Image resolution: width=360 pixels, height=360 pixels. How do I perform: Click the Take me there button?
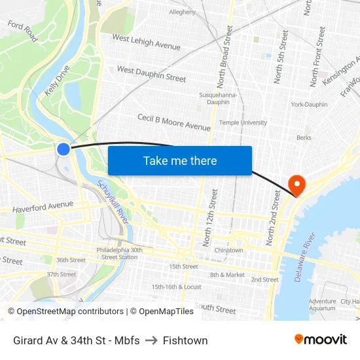180,160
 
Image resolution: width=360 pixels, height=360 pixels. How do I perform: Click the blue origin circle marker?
63,149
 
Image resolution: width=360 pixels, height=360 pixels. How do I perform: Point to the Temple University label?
243,122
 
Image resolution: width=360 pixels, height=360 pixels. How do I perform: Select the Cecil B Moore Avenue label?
173,122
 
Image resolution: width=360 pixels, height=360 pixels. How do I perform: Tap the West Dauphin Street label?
151,73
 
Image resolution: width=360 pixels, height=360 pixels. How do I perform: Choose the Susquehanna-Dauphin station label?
214,98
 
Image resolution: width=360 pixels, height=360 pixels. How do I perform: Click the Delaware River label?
306,257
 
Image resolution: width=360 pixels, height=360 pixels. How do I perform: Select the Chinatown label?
228,250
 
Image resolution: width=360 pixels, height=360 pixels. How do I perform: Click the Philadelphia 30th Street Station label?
119,253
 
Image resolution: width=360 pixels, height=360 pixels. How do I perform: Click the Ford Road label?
22,31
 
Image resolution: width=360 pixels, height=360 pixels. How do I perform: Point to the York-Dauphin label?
309,105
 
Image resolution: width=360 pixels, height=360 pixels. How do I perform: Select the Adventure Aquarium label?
322,305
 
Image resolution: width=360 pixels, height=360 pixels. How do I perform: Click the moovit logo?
320,340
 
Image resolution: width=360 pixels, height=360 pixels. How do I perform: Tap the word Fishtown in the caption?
185,340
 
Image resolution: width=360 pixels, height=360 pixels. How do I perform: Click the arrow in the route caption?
151,340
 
